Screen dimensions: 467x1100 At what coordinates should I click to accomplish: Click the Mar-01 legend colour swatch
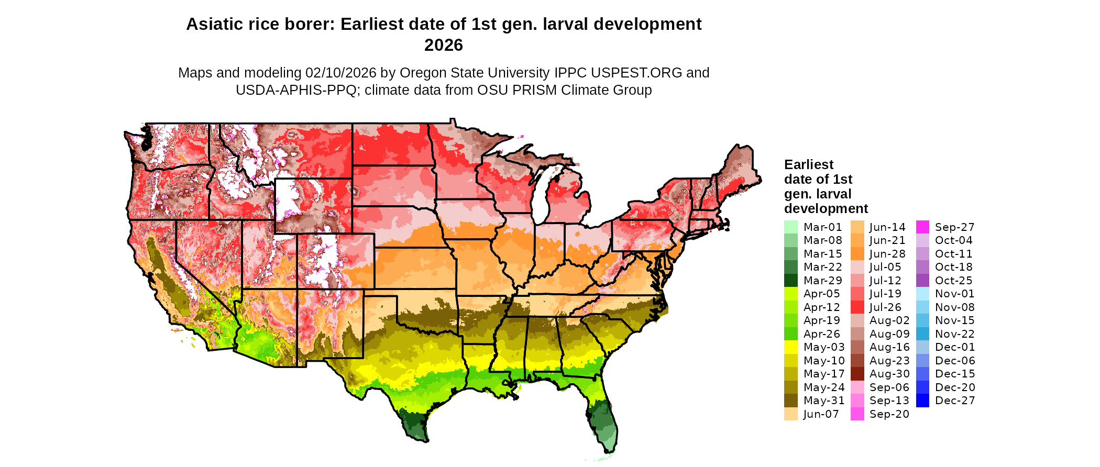[x=790, y=227]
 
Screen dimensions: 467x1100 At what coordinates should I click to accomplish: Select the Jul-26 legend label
[x=885, y=307]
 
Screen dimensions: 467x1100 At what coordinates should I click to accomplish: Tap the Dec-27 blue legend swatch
[x=922, y=401]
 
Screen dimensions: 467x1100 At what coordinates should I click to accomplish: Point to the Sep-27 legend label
[x=954, y=227]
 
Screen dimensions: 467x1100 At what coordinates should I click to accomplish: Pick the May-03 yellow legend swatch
[x=790, y=347]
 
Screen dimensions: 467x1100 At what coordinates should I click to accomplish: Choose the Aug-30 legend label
[x=889, y=374]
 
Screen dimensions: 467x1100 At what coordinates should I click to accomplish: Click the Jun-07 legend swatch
[x=790, y=414]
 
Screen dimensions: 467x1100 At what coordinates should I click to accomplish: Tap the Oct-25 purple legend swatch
[x=922, y=281]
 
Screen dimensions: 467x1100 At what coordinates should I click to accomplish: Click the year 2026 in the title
[x=444, y=46]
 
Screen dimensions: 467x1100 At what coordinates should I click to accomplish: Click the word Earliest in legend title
[x=808, y=165]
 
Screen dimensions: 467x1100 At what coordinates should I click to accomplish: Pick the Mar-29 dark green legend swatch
[x=790, y=281]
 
